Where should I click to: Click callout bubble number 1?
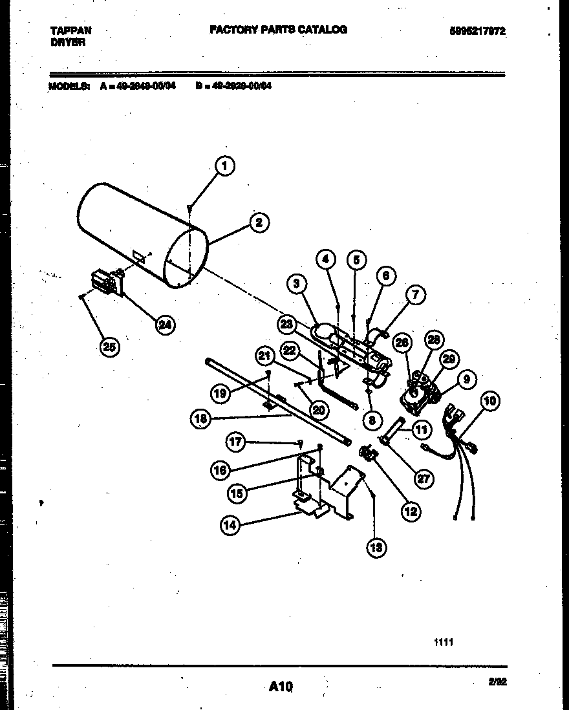tap(224, 167)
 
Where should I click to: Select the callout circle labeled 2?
tap(259, 222)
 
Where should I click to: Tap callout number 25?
tap(109, 347)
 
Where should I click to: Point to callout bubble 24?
tap(166, 325)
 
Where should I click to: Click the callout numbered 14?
tap(230, 525)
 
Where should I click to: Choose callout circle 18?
tap(201, 419)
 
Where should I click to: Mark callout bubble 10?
tap(489, 401)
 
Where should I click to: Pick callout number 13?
tap(376, 548)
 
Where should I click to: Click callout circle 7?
tap(415, 296)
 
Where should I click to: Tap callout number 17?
tap(236, 442)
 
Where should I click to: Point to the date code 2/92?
tap(498, 682)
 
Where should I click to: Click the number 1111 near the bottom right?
tap(444, 642)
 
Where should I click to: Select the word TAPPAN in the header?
tap(70, 30)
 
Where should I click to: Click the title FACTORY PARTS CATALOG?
tap(278, 30)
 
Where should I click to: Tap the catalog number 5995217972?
tap(478, 30)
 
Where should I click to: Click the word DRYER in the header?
tap(68, 42)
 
